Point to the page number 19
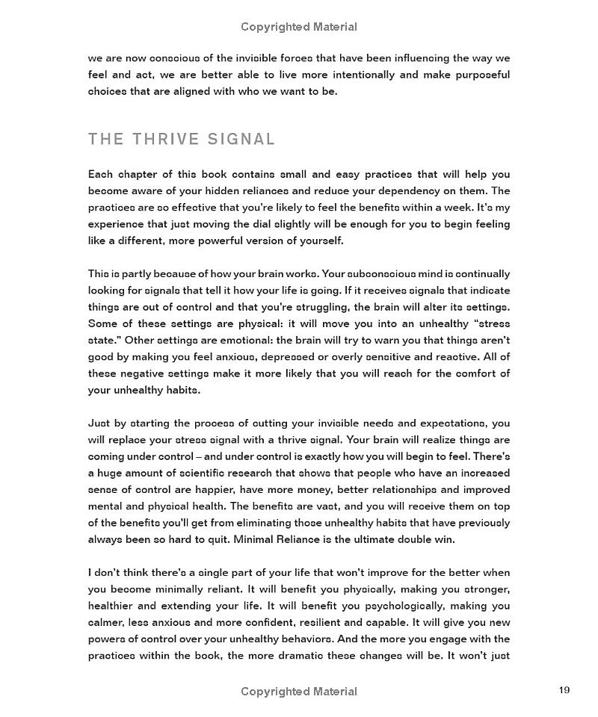click(x=564, y=690)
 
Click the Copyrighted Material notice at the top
click(x=299, y=27)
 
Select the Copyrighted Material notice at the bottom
click(x=299, y=692)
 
